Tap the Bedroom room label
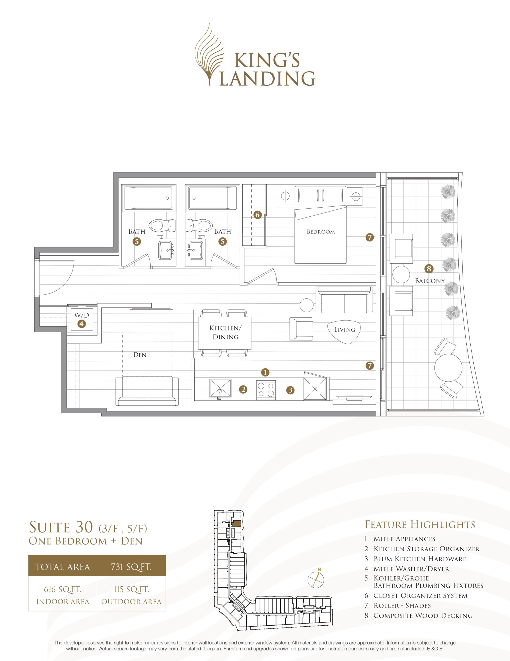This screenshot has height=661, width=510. point(321,232)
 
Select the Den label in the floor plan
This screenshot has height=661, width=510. point(140,355)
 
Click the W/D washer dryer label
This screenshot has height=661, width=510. point(82,315)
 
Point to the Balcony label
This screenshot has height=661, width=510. point(430,281)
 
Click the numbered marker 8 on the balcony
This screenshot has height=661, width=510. point(429,268)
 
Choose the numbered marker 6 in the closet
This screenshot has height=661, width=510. point(257,215)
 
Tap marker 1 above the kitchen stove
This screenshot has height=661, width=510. point(265,372)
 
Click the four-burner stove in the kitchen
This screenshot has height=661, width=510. point(266,390)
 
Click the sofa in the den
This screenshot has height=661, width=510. point(147,391)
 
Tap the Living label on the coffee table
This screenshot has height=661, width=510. point(345,329)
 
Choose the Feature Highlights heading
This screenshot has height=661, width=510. point(420,524)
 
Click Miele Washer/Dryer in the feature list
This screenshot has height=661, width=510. point(412,569)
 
